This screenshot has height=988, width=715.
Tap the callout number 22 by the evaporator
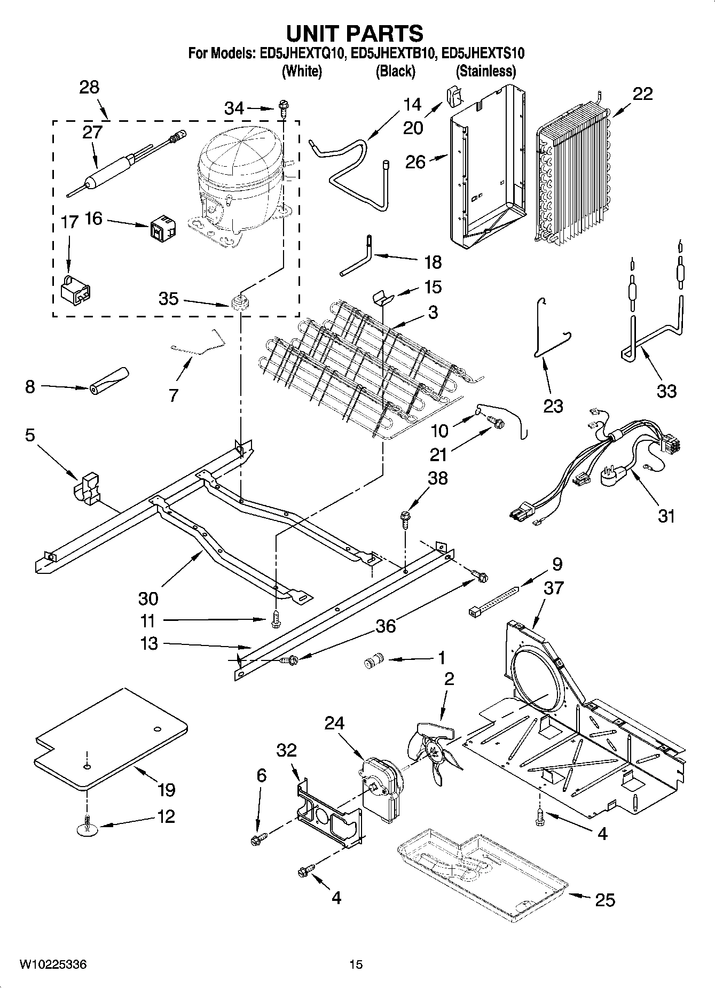tap(642, 94)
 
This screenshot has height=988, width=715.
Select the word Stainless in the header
tap(485, 71)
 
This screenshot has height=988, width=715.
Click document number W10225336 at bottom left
tap(53, 964)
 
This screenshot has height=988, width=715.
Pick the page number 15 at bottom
tap(356, 964)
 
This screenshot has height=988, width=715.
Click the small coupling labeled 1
tap(370, 663)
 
